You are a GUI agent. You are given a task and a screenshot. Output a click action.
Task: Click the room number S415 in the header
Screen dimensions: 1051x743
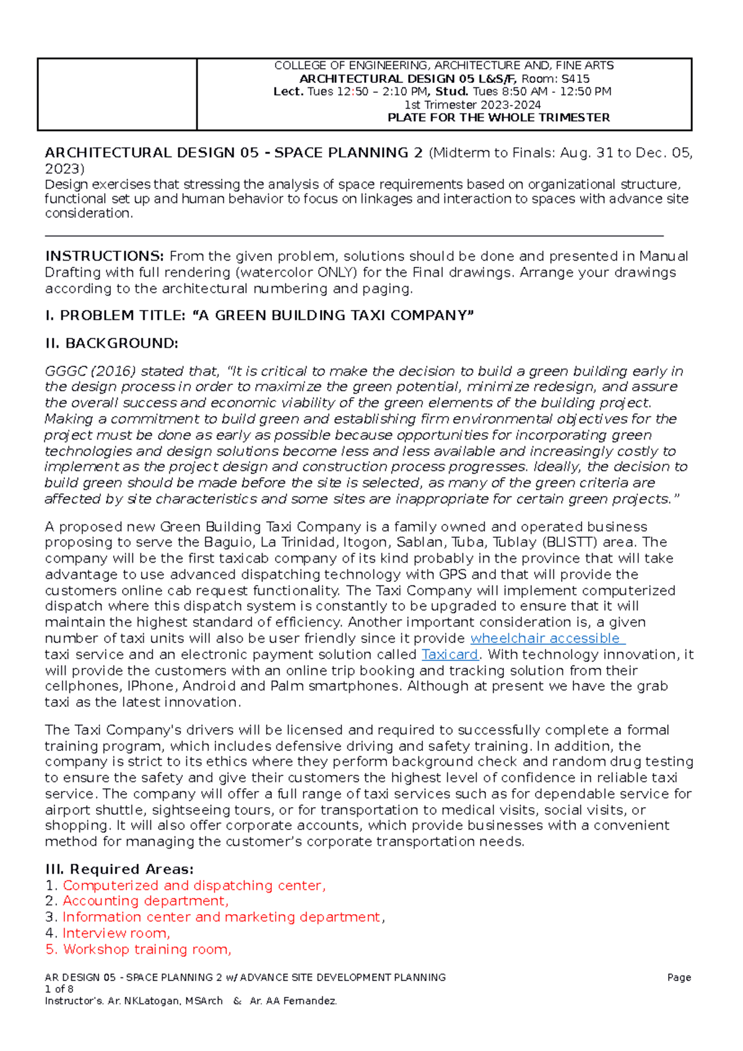pyautogui.click(x=575, y=79)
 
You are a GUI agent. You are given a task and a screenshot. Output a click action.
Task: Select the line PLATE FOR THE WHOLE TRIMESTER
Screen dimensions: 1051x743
pyautogui.click(x=498, y=118)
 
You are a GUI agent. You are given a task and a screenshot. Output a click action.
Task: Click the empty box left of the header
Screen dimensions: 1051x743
pyautogui.click(x=117, y=94)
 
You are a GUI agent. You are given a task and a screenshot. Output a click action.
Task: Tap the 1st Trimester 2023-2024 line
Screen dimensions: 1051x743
pyautogui.click(x=472, y=105)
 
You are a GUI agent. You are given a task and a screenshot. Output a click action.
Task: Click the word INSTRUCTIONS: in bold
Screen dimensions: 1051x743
pyautogui.click(x=104, y=256)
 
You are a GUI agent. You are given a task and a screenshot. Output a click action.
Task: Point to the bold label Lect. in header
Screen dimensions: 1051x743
pyautogui.click(x=289, y=92)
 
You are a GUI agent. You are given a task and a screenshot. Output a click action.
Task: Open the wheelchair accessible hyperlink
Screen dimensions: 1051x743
pyautogui.click(x=547, y=638)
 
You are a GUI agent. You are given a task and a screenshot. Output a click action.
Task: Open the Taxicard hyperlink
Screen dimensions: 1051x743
pyautogui.click(x=450, y=654)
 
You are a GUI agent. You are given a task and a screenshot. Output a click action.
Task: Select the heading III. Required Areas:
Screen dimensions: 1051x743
pyautogui.click(x=119, y=869)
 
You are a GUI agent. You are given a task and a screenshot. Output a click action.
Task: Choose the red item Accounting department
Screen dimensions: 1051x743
pyautogui.click(x=145, y=901)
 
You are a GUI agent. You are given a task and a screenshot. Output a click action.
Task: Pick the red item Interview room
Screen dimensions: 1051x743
pyautogui.click(x=116, y=933)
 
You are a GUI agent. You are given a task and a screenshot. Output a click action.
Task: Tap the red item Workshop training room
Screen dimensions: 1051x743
pyautogui.click(x=147, y=949)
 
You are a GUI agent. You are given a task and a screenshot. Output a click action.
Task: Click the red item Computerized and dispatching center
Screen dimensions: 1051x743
pyautogui.click(x=193, y=885)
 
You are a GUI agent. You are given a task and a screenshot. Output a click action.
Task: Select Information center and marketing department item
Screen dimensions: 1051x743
pyautogui.click(x=222, y=917)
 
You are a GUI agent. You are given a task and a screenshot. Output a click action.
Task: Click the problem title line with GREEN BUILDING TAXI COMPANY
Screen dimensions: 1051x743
pyautogui.click(x=259, y=315)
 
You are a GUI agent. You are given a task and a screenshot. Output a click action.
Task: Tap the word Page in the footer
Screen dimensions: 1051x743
pyautogui.click(x=679, y=977)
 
